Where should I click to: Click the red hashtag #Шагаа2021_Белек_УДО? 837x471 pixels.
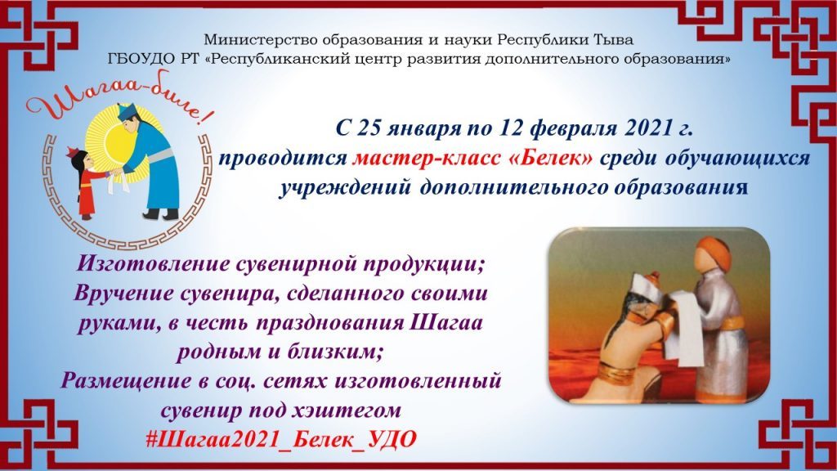tap(281, 439)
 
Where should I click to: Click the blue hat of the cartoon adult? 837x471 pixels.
tap(128, 112)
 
